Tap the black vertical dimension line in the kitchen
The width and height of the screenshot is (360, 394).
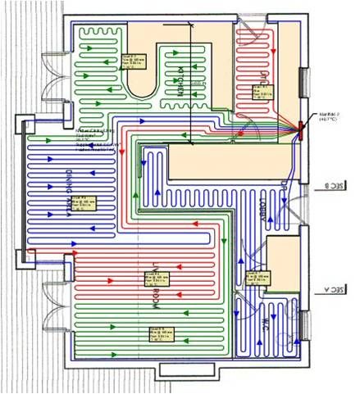coord(190,82)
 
